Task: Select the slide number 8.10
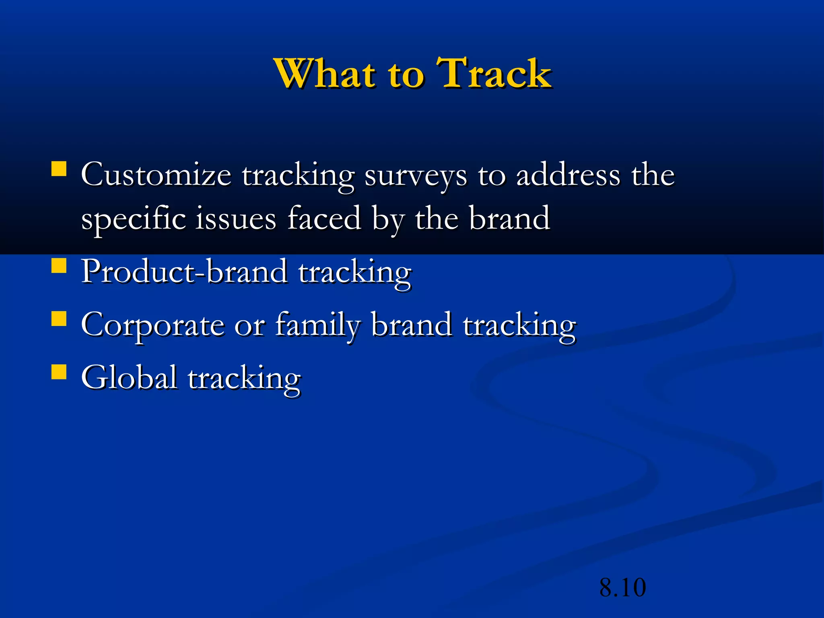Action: coord(622,587)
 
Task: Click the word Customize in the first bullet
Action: coord(156,175)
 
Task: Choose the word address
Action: coord(568,175)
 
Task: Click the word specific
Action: coord(133,219)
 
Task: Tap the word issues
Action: coord(236,219)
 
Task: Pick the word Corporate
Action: coord(152,325)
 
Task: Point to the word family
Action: coord(317,325)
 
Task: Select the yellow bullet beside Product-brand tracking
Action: coord(59,266)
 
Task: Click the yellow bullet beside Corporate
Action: coord(59,319)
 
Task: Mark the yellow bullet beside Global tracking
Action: coord(59,372)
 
